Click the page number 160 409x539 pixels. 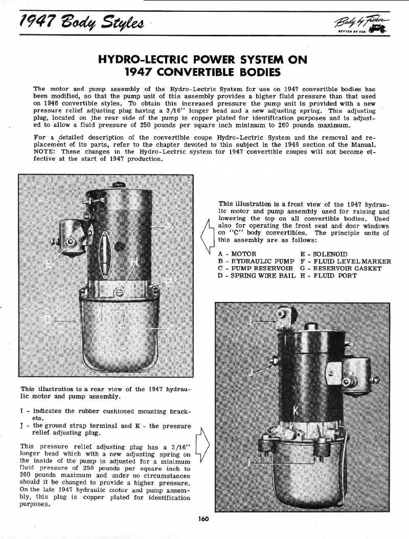(204, 519)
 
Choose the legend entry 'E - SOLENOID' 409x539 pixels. (324, 254)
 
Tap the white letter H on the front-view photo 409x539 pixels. (134, 262)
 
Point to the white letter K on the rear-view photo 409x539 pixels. (296, 412)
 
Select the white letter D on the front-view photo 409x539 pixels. (47, 320)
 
